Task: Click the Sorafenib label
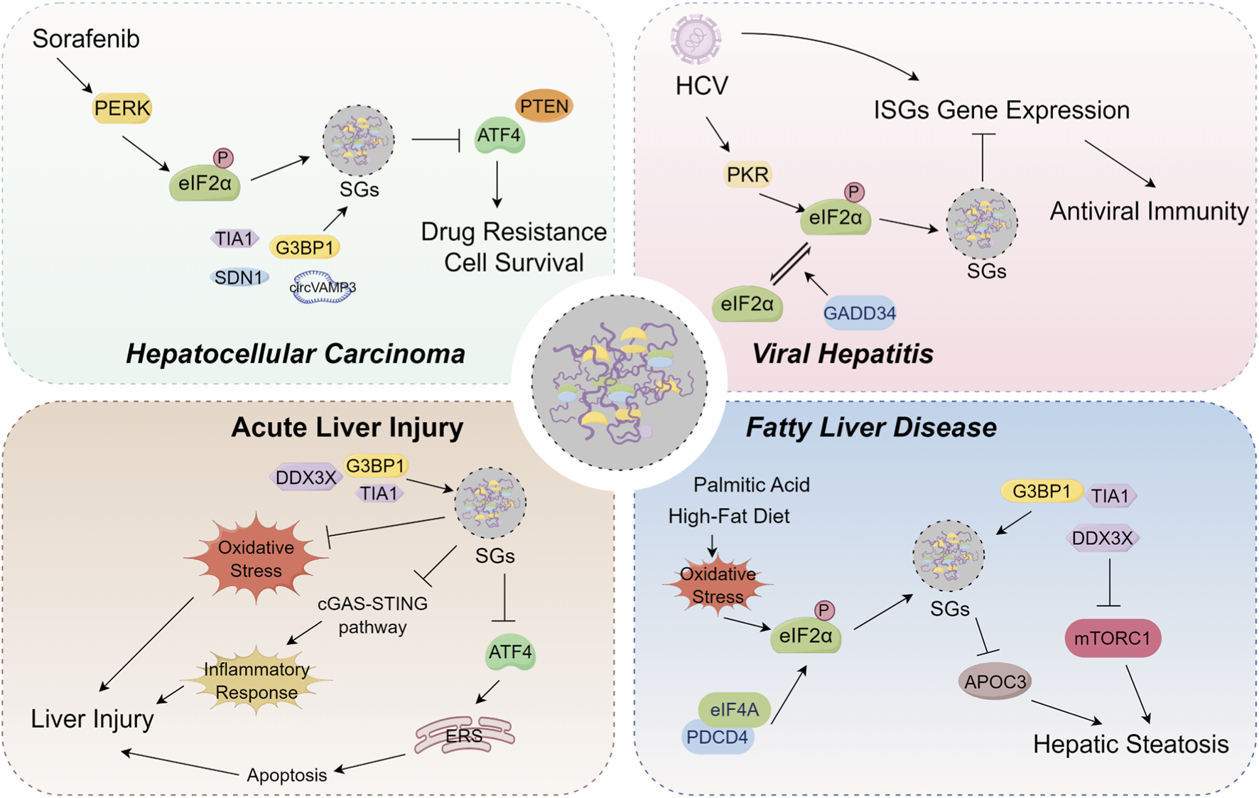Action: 86,39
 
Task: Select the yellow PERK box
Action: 122,108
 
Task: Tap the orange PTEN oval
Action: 544,107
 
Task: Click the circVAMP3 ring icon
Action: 322,288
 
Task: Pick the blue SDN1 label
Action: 239,277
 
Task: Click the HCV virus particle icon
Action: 696,39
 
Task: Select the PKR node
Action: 747,174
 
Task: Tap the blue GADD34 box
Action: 859,313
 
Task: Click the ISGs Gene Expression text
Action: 1001,110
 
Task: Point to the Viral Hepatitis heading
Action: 843,353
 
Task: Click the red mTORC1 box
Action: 1112,638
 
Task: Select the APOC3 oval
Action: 995,682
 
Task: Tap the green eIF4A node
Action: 735,709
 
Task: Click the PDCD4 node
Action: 717,738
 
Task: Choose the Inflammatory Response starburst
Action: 256,681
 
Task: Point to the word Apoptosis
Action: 286,775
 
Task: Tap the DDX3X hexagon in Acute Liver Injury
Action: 306,478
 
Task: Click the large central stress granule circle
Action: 619,382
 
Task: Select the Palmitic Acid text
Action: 751,485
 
